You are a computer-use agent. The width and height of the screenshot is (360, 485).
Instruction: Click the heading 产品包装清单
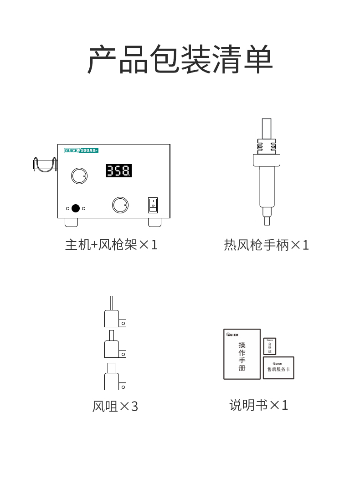tap(180, 60)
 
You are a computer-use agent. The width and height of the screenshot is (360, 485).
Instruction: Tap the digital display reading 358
tap(119, 171)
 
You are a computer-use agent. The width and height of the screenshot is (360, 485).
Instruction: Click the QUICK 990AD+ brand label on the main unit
tap(82, 150)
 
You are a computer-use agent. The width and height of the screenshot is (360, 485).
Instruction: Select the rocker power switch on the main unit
tap(153, 205)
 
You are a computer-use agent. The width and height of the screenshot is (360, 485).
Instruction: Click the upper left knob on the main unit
tap(79, 176)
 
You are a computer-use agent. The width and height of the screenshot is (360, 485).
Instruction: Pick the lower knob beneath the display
tap(120, 205)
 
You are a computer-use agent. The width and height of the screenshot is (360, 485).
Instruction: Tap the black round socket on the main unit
tap(76, 208)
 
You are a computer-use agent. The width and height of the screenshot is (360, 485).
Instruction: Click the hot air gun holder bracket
tap(45, 165)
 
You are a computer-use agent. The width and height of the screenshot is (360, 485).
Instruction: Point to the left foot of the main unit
tap(71, 222)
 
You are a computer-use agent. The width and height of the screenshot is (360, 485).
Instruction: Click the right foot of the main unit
tap(154, 222)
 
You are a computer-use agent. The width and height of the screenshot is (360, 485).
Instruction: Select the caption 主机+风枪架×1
tap(111, 245)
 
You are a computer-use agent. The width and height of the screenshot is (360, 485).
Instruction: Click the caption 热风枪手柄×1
tap(267, 245)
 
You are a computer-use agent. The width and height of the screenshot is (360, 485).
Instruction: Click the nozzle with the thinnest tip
tap(112, 315)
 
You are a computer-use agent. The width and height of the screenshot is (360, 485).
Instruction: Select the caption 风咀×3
tap(115, 406)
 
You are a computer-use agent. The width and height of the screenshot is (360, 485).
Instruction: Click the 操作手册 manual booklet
tap(242, 354)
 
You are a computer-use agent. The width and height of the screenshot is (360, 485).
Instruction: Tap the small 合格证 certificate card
tap(270, 346)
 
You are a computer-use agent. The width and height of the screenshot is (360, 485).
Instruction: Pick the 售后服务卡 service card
tap(278, 368)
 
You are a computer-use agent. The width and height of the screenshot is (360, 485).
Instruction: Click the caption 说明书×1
tap(258, 405)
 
